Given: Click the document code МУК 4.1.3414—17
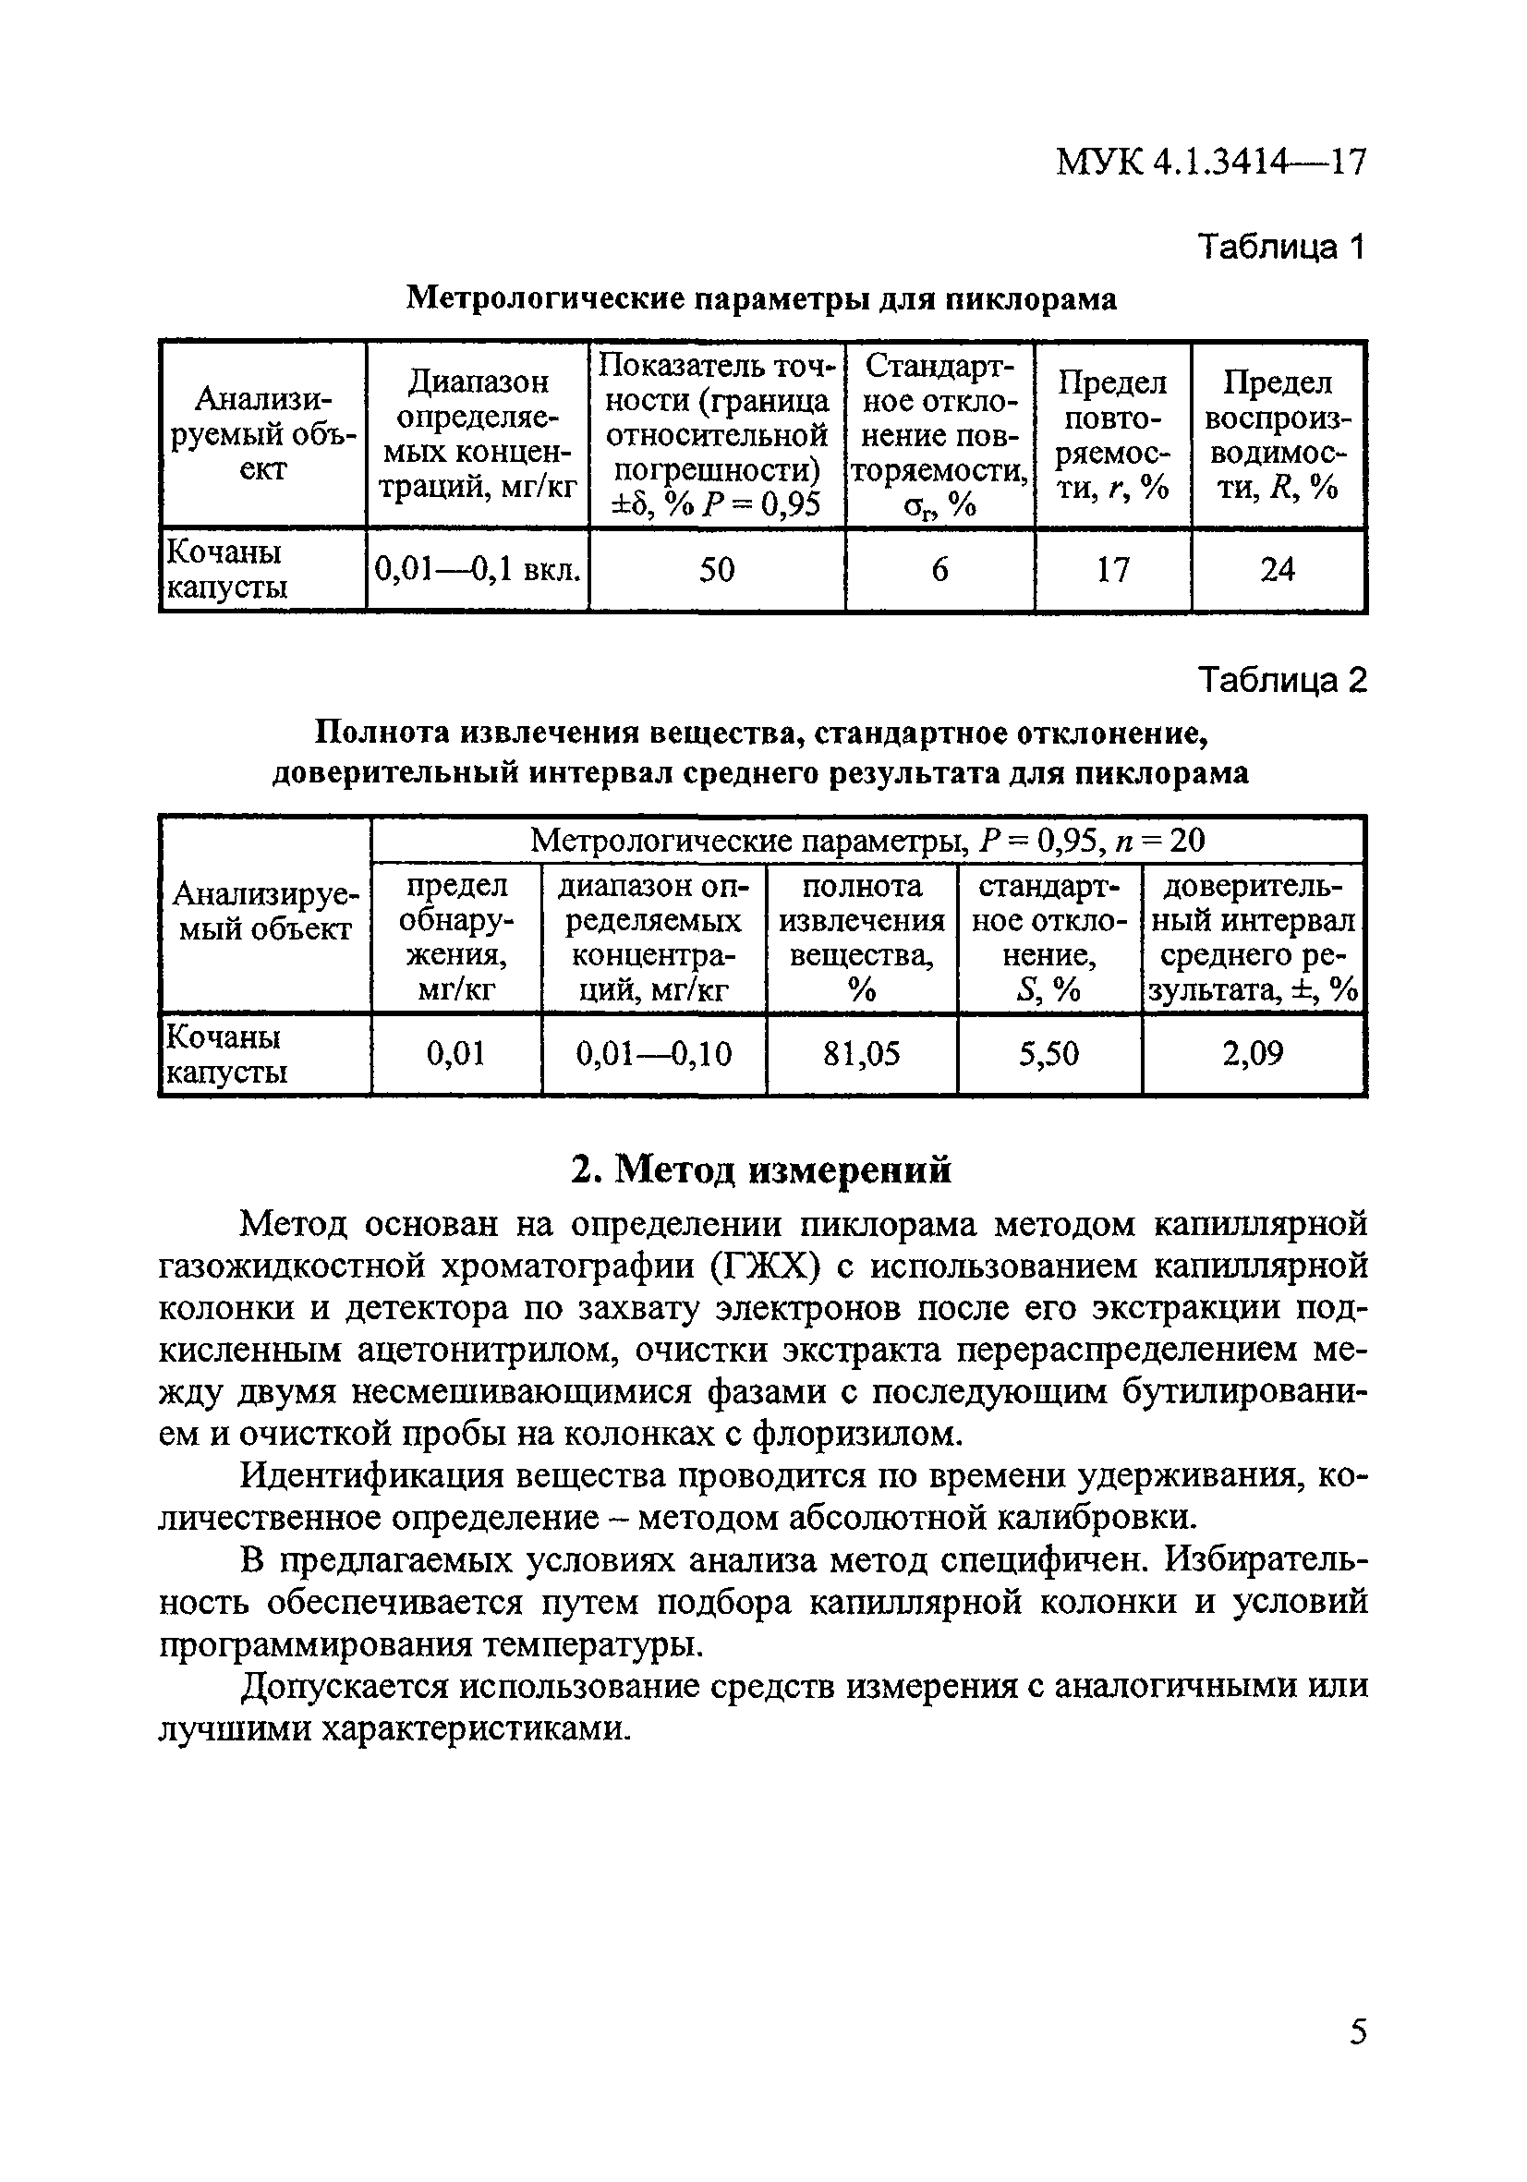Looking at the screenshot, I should (1210, 163).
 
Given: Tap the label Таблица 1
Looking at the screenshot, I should (1280, 247).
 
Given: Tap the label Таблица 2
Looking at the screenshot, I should (1280, 681).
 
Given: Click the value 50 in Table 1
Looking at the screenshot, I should (717, 569).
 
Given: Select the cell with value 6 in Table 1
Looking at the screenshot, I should (939, 569).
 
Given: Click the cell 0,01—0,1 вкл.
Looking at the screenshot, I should (477, 569).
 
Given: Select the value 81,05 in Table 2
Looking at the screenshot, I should (861, 1053).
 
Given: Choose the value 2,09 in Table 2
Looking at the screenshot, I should (1253, 1053).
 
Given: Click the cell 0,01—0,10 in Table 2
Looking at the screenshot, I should (654, 1053).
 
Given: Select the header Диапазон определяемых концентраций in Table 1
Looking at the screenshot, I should (477, 434).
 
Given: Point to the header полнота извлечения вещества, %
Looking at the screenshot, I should (861, 937).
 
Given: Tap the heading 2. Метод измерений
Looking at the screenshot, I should (761, 1169).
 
